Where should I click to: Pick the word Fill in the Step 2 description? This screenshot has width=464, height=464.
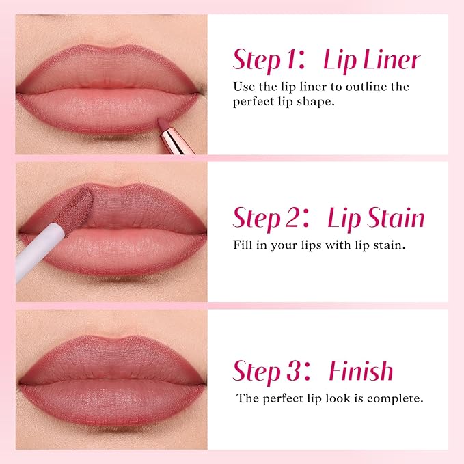click(x=243, y=244)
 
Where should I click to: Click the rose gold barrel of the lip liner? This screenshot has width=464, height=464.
click(x=179, y=141)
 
